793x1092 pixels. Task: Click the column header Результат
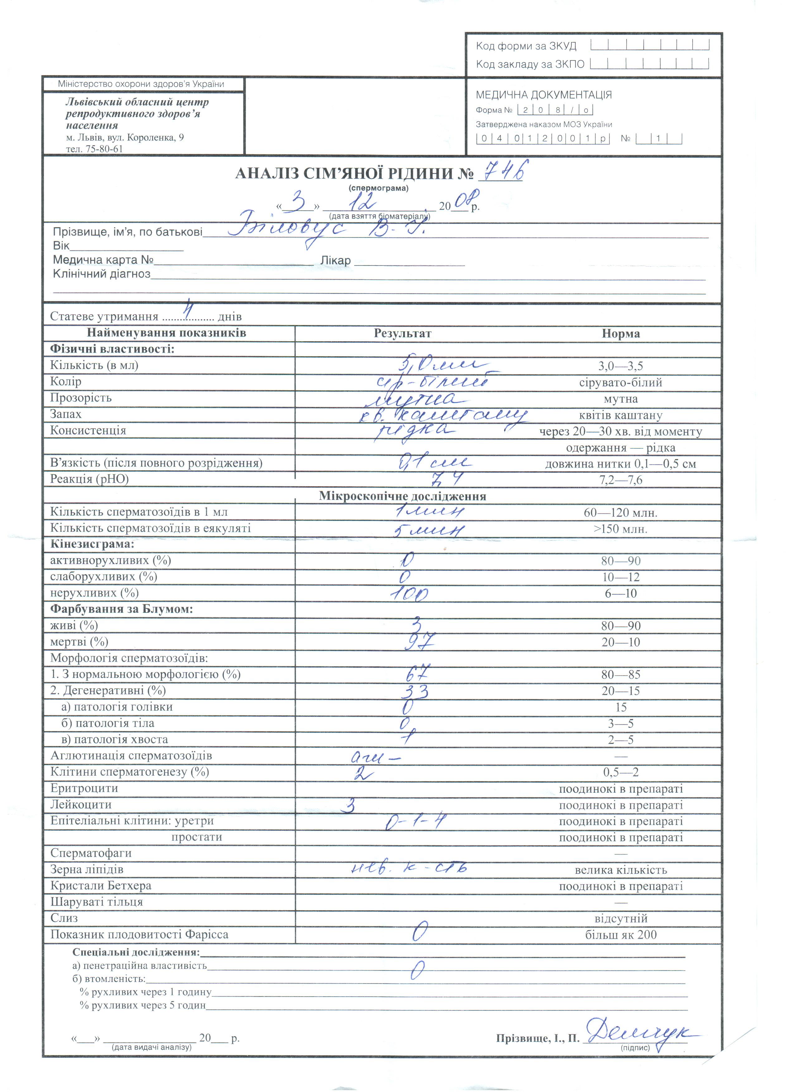tap(402, 333)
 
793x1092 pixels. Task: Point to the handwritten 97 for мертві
tap(419, 641)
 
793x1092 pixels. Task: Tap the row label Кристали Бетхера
tap(101, 885)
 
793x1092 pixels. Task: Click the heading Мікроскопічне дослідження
tap(402, 496)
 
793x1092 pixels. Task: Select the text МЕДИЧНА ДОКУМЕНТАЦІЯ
tap(544, 95)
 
